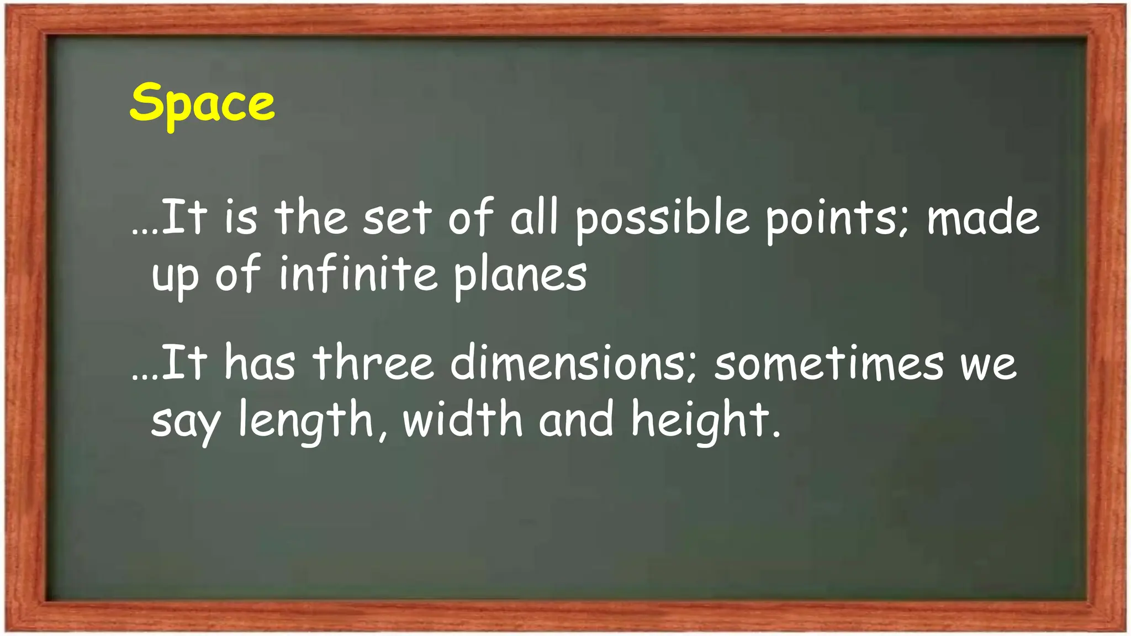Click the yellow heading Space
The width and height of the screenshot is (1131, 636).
pos(202,103)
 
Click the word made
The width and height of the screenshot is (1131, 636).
pos(983,218)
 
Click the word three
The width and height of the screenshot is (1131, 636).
pos(374,363)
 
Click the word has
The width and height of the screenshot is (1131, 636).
pos(260,362)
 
